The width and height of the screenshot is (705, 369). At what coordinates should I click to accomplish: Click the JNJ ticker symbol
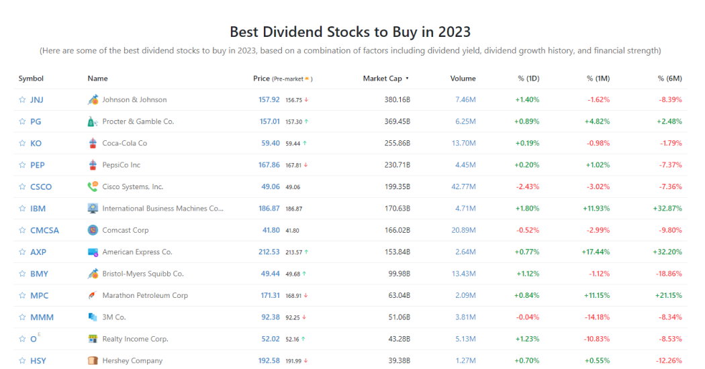click(37, 100)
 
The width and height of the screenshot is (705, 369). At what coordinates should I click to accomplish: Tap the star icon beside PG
click(22, 122)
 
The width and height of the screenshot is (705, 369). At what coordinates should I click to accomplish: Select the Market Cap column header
click(383, 78)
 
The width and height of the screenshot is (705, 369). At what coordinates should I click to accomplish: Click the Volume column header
click(463, 78)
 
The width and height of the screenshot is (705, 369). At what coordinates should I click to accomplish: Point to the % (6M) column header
click(669, 78)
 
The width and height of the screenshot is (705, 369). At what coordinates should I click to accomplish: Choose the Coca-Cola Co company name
click(125, 144)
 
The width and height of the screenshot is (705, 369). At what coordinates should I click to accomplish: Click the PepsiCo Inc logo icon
click(93, 165)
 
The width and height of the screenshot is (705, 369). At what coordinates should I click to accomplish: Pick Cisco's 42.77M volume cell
click(463, 187)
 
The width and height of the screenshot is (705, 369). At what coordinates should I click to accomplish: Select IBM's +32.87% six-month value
click(667, 209)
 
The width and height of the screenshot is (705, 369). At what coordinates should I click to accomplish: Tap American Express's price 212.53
click(269, 252)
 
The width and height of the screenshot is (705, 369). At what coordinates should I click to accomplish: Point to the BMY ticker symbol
click(39, 274)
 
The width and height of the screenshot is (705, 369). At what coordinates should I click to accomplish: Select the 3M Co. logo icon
click(93, 317)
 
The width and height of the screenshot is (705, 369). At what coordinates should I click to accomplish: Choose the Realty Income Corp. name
click(135, 339)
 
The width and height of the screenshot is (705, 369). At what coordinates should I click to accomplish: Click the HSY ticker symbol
click(38, 361)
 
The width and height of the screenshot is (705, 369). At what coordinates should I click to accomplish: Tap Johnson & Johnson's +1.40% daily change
click(527, 100)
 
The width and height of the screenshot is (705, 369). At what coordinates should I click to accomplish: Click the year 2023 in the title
click(455, 32)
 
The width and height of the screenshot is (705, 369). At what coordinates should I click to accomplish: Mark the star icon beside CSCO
click(22, 187)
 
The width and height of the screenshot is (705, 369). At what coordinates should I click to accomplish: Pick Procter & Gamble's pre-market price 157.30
click(294, 122)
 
